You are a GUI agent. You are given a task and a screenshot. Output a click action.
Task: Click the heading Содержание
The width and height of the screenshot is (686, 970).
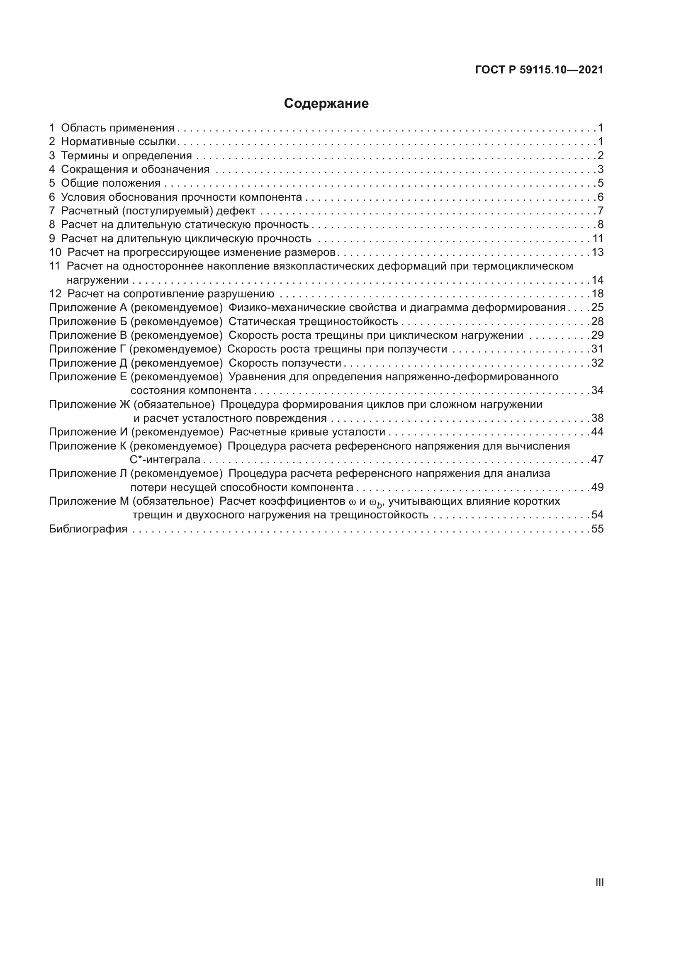coord(326,104)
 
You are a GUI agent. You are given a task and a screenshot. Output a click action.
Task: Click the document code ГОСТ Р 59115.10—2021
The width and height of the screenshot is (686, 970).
coord(539,70)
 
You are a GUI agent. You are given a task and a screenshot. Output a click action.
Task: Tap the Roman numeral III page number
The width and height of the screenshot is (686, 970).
coord(599,882)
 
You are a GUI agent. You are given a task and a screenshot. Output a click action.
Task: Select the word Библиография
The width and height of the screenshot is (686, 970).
coord(88,529)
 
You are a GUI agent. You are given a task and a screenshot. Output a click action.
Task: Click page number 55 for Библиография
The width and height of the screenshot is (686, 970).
coord(597,529)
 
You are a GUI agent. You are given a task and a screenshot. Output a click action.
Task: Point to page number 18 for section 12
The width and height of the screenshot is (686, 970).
coord(597,294)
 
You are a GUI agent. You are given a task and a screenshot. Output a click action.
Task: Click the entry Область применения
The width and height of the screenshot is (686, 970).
coord(117,128)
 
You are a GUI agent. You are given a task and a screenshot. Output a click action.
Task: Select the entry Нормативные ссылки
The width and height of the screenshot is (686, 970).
coord(118,141)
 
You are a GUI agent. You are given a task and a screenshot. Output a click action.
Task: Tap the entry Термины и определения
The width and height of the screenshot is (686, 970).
coord(126,156)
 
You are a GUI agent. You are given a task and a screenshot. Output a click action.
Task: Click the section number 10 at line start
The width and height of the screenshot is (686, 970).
coord(55,253)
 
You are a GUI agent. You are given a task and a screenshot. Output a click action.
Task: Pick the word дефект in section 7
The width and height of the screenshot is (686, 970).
coord(235,211)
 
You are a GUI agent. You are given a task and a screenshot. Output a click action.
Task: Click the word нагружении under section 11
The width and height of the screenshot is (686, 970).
coord(97,280)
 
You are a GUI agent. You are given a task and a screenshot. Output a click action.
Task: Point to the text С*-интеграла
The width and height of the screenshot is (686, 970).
coord(165,459)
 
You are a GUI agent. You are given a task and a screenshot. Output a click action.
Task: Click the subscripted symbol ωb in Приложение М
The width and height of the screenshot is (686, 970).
coord(375,502)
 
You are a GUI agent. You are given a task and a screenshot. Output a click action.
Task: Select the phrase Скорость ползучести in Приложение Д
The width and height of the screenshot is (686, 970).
coord(285,363)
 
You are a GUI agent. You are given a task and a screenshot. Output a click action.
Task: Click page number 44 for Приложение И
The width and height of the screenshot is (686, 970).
coord(597,432)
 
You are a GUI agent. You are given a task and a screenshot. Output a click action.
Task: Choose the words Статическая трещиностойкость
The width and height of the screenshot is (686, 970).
coord(313,321)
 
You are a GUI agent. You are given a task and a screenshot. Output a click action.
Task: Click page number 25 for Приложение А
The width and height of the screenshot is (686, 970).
coord(597,308)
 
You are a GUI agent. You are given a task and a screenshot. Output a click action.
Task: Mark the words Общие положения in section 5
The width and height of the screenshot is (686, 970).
coord(111,183)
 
